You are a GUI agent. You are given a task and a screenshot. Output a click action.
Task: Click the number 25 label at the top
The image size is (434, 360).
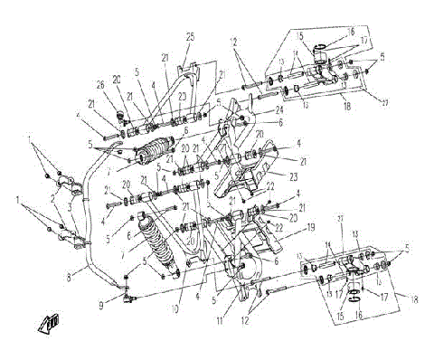(x=190, y=35)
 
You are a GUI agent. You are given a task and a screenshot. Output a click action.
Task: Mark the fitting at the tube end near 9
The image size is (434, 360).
(x=127, y=294)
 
